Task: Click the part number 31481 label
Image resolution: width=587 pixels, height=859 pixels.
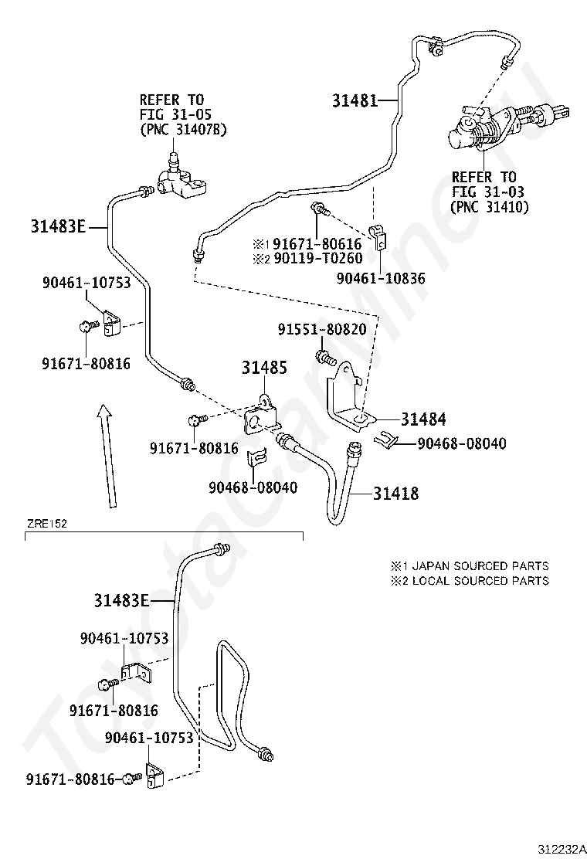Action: pos(355,100)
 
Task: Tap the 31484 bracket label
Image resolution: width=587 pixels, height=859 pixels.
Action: pos(423,419)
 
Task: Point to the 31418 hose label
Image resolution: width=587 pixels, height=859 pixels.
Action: pos(396,494)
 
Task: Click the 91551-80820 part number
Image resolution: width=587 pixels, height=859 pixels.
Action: pos(322,329)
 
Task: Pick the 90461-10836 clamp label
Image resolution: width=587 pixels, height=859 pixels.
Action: pos(381,278)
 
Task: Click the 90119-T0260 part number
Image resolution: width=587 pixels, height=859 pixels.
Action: pos(317,258)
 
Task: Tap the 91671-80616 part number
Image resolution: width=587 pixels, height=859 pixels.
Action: pos(317,243)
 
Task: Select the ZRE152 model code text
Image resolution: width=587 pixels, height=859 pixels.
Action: pos(47,524)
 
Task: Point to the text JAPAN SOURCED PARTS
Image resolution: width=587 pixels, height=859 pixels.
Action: pos(480,566)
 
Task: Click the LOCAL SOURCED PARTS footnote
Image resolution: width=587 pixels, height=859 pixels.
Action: pos(480,581)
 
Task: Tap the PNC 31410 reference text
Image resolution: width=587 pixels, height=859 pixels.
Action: pos(489,207)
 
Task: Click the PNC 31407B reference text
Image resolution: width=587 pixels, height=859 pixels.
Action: pos(183,130)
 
